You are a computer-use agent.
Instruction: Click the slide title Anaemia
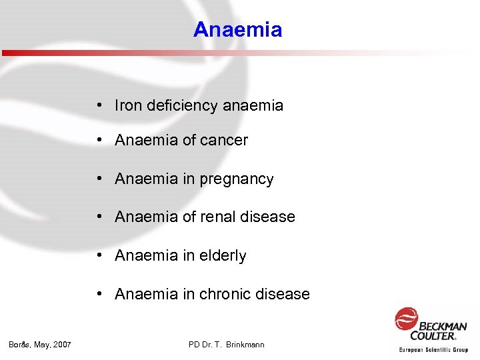pyautogui.click(x=237, y=30)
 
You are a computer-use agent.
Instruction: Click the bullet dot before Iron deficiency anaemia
pyautogui.click(x=98, y=105)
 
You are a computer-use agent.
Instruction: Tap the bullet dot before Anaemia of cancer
pyautogui.click(x=98, y=141)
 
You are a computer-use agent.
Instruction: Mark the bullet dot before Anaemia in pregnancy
pyautogui.click(x=98, y=179)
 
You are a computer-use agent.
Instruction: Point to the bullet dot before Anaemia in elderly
pyautogui.click(x=98, y=256)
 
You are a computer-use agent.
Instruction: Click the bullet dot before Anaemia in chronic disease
pyautogui.click(x=98, y=294)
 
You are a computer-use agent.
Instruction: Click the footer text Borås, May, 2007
pyautogui.click(x=40, y=345)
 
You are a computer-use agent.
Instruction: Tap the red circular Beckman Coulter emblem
pyautogui.click(x=405, y=319)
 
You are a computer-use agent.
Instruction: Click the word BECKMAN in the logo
pyautogui.click(x=443, y=326)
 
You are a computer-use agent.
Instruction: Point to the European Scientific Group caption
pyautogui.click(x=433, y=349)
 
